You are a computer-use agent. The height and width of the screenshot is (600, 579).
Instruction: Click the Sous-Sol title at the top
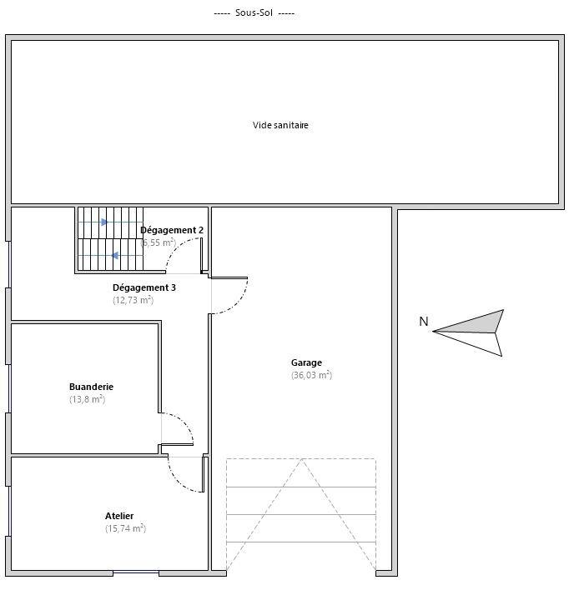(x=254, y=13)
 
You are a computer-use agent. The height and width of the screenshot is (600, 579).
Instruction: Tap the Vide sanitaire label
(x=281, y=125)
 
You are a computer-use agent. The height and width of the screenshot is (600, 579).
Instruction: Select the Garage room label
(x=306, y=362)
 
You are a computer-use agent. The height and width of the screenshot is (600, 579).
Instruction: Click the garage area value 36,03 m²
(x=311, y=375)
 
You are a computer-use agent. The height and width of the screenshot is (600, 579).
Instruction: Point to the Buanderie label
(x=91, y=387)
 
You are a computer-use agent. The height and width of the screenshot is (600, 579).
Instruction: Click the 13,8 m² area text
(x=87, y=399)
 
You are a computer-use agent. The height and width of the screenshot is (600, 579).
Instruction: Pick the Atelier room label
(x=119, y=516)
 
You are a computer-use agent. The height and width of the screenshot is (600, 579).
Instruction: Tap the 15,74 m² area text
(x=125, y=528)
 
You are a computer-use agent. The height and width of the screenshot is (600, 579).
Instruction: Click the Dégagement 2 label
(x=172, y=229)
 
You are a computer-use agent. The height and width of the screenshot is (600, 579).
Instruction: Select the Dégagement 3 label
(x=144, y=287)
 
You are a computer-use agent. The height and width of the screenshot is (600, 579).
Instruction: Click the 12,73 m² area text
(x=133, y=300)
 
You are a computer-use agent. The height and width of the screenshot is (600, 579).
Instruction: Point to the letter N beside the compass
(x=423, y=322)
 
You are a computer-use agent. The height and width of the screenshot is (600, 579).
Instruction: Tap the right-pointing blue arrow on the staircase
(x=105, y=222)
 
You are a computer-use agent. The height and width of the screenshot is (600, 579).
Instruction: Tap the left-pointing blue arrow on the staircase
(x=114, y=256)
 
